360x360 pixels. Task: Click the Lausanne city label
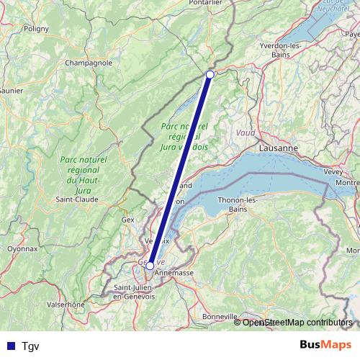pos(276,148)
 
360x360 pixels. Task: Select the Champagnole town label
pos(89,63)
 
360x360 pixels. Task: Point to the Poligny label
pos(35,29)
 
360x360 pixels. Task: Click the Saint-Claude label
pos(78,199)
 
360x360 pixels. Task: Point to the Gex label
pos(128,219)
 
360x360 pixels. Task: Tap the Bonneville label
pos(220,316)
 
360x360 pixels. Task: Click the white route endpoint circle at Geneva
pos(150,266)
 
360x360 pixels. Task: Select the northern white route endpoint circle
pos(210,74)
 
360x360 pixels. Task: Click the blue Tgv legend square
pos(8,345)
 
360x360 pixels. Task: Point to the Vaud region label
pos(246,133)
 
